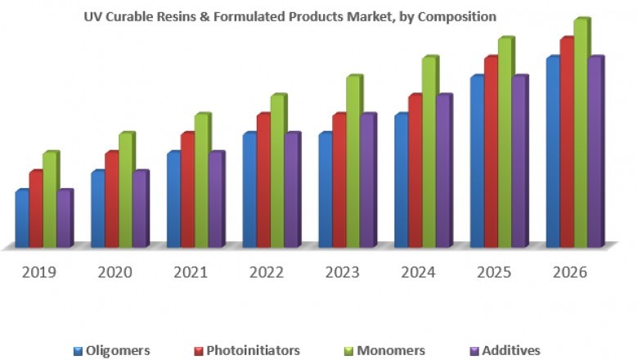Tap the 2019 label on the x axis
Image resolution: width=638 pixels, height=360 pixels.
tap(39, 272)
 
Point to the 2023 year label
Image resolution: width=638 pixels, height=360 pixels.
tap(343, 272)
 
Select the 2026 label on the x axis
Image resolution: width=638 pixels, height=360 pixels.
tap(570, 272)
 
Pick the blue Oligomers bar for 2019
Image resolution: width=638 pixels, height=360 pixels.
tap(22, 218)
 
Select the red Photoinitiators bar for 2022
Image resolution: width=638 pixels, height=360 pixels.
tap(263, 180)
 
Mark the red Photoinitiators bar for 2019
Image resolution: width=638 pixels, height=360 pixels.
tap(35, 209)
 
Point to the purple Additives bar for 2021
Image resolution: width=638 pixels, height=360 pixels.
tap(215, 200)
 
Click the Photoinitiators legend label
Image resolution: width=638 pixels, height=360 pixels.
tap(253, 350)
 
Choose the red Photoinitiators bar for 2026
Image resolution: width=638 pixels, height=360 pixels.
tap(565, 142)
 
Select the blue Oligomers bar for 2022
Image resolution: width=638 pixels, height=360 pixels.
tap(249, 190)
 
